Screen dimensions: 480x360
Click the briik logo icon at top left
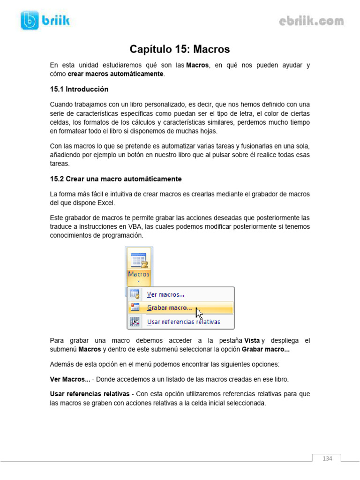(30, 20)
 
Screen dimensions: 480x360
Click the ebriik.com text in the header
(311, 21)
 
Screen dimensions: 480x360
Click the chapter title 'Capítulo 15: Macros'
(180, 49)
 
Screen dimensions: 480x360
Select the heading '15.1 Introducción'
(79, 89)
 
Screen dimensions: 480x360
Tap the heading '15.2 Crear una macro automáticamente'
(116, 179)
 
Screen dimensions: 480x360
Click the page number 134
(327, 458)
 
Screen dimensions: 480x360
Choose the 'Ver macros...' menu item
(165, 294)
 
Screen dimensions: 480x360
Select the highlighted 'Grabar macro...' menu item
(169, 308)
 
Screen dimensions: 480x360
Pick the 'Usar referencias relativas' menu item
(183, 322)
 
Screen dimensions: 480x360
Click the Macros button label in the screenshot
(139, 274)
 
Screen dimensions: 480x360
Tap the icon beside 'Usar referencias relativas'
(135, 322)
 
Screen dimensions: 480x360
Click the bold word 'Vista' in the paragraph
(252, 340)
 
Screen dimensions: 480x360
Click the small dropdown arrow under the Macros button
(139, 282)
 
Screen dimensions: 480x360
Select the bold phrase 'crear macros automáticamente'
(116, 74)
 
